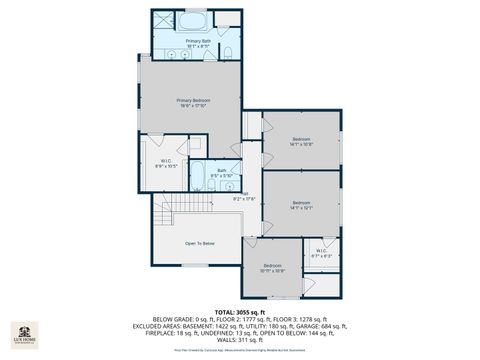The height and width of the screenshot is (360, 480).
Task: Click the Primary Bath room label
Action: pyautogui.click(x=198, y=43)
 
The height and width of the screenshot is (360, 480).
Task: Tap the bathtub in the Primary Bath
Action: pyautogui.click(x=194, y=20)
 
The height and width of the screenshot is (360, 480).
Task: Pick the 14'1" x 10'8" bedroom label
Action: pyautogui.click(x=302, y=141)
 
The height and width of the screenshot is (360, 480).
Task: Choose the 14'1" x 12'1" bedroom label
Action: pyautogui.click(x=302, y=205)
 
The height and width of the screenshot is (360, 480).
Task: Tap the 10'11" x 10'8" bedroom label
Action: pyautogui.click(x=273, y=267)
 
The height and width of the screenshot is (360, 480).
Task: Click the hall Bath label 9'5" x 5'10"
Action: pyautogui.click(x=222, y=173)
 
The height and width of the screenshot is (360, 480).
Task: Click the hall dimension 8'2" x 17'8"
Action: pyautogui.click(x=245, y=197)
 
